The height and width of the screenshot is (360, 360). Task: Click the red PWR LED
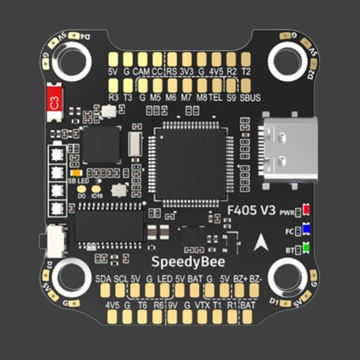[306, 211]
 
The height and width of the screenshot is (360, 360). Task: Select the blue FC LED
[306, 229]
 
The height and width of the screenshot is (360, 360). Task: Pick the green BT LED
[306, 247]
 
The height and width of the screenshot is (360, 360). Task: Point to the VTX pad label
[202, 305]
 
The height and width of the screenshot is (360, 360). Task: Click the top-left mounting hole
[73, 59]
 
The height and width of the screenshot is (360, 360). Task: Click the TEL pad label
[216, 97]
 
